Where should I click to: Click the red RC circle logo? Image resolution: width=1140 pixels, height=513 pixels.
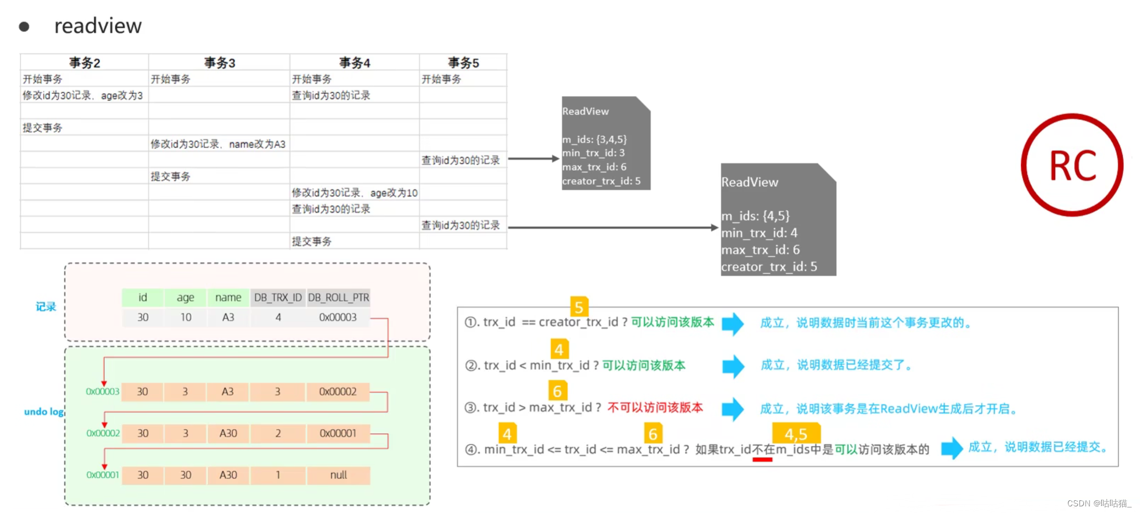[x=1072, y=165]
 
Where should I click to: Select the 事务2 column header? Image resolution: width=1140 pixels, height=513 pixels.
[x=84, y=63]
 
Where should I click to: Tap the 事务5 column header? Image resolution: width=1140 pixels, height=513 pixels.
[x=463, y=63]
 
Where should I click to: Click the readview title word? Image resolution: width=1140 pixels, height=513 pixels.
[x=98, y=26]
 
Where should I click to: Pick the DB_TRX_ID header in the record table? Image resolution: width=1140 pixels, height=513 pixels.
[x=278, y=298]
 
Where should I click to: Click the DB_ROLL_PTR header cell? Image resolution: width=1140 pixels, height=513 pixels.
[x=338, y=298]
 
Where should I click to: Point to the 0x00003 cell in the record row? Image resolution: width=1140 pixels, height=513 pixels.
[x=338, y=317]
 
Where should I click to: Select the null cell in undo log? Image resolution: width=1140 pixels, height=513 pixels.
[x=338, y=475]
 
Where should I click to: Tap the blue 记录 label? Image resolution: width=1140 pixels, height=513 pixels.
[x=46, y=307]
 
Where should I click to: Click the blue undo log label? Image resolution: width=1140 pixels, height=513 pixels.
[x=44, y=412]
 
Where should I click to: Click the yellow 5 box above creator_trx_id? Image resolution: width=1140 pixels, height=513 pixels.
[x=579, y=307]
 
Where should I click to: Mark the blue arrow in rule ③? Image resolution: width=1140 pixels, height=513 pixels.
[x=732, y=409]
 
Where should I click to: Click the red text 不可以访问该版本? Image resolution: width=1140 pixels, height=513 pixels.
[x=655, y=408]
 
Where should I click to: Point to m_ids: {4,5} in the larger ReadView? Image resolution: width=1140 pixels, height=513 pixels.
[x=755, y=216]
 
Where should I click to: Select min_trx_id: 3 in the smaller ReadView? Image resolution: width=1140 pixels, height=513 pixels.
[x=593, y=153]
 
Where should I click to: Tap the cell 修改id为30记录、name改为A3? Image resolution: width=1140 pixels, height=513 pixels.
[x=218, y=144]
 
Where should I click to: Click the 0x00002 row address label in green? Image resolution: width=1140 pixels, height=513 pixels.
[x=103, y=433]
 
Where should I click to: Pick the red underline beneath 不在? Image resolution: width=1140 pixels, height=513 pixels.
[x=762, y=459]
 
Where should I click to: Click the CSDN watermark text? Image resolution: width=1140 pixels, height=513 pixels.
[x=1098, y=503]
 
